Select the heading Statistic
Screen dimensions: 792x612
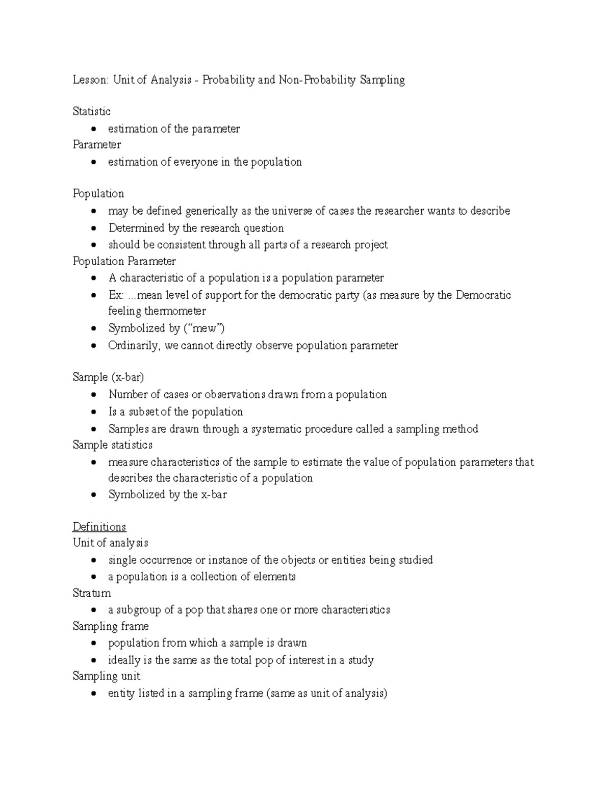[x=92, y=112]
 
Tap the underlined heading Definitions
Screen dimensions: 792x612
[x=99, y=527]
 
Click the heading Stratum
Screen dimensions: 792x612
[x=92, y=593]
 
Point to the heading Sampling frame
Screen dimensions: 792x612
[x=111, y=626]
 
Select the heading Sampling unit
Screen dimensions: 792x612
[x=107, y=676]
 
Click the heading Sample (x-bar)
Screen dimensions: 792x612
[x=109, y=377]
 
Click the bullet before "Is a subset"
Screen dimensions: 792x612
[x=93, y=412]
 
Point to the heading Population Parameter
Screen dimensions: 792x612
[x=124, y=262]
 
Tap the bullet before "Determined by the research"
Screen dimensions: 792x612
[x=93, y=228]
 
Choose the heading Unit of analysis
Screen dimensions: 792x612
[x=111, y=543]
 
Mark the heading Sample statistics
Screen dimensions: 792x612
[x=113, y=445]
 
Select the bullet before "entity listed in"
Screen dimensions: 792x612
[x=93, y=694]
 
